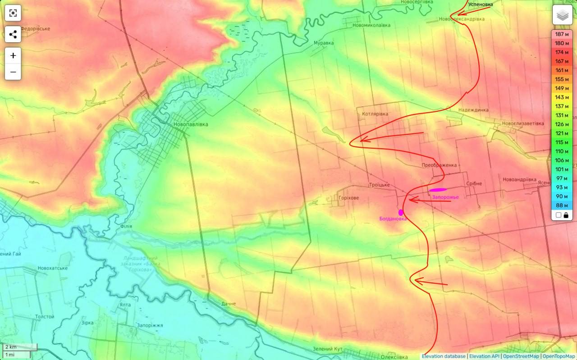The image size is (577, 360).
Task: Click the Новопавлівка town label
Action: [x=191, y=124]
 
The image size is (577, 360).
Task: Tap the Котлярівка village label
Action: [x=375, y=114]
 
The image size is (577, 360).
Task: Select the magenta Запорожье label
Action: [x=445, y=197]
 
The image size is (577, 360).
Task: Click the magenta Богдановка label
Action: [x=393, y=219]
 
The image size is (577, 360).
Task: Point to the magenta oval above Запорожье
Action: [x=438, y=190]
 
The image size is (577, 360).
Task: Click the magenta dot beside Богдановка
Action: [x=400, y=212]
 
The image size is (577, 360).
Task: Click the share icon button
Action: [x=13, y=34]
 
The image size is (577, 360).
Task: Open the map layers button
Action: [x=562, y=16]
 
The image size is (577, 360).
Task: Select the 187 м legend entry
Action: [x=562, y=34]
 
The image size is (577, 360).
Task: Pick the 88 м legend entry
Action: [x=562, y=205]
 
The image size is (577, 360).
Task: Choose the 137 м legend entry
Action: [x=562, y=106]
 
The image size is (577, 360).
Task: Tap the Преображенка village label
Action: [x=439, y=165]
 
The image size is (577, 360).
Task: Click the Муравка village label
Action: [x=324, y=43]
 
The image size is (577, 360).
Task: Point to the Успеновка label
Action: [x=480, y=5]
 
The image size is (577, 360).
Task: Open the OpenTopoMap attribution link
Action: [x=559, y=356]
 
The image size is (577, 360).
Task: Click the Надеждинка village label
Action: [x=473, y=110]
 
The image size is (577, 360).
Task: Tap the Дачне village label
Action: [x=229, y=304]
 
